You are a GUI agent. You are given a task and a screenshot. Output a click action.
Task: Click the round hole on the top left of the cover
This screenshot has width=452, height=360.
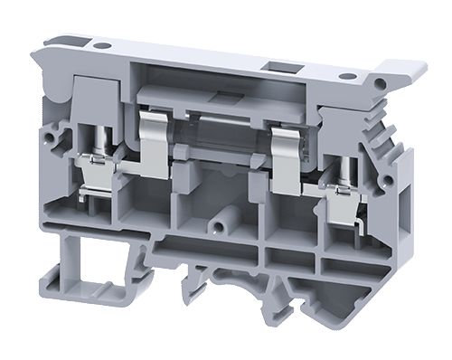tap(103, 43)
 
